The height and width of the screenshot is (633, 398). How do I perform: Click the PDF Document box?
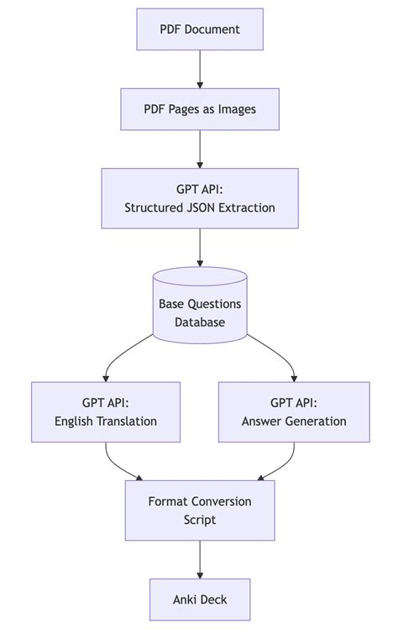(x=200, y=29)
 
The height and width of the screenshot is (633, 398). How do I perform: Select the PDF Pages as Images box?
(x=200, y=109)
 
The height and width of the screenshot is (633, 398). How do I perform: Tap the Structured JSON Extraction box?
(x=200, y=198)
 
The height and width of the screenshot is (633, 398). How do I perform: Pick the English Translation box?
(x=106, y=412)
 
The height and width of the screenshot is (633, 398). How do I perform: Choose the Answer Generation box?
(x=294, y=412)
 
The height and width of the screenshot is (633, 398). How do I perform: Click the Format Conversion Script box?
(x=200, y=510)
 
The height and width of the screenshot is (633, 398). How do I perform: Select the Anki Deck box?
(x=200, y=599)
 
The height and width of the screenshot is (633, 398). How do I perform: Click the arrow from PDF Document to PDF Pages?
(x=200, y=69)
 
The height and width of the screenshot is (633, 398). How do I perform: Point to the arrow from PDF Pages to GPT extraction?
(x=200, y=149)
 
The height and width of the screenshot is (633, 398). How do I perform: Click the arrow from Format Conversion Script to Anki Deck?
(x=200, y=559)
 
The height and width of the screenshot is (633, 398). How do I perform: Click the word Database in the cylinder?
(x=200, y=322)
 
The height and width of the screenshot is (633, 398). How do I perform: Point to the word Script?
(x=200, y=520)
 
